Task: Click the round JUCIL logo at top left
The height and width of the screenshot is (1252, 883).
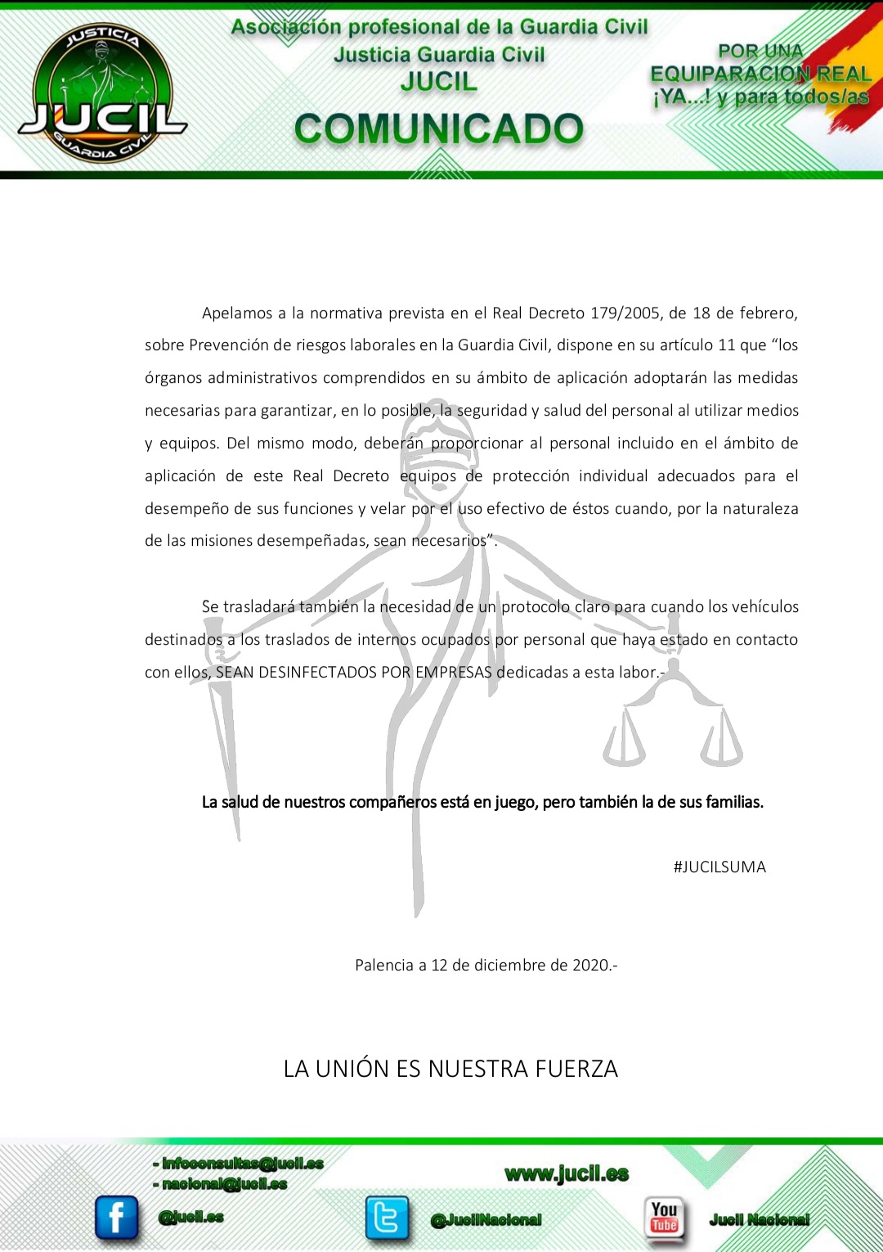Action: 102,92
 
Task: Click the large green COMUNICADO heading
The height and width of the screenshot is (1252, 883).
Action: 439,129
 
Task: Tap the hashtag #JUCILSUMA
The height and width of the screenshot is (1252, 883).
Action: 719,867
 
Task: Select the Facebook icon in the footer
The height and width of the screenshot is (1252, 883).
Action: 116,1217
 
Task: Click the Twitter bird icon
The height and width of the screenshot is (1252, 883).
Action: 386,1217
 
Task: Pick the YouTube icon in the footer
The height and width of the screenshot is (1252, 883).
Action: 664,1219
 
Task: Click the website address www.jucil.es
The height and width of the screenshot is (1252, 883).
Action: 567,1174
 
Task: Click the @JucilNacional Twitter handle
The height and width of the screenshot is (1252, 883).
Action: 486,1220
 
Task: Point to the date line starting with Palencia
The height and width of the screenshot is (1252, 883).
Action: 486,965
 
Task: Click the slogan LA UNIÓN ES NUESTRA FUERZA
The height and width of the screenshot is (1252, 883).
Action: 450,1069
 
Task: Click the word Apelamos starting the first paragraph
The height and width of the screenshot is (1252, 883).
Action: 237,313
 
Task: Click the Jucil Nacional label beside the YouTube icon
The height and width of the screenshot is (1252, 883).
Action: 760,1220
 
